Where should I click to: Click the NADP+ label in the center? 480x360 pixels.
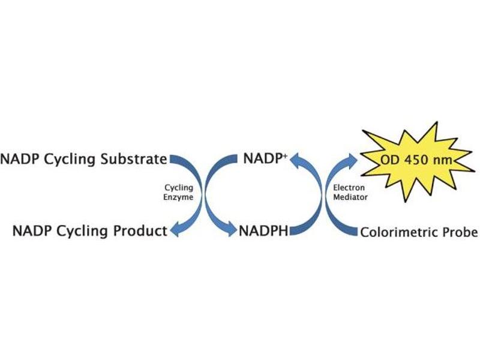[265, 159]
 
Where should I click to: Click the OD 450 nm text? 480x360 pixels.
[416, 161]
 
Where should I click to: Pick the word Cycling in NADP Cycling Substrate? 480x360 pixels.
[72, 160]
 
